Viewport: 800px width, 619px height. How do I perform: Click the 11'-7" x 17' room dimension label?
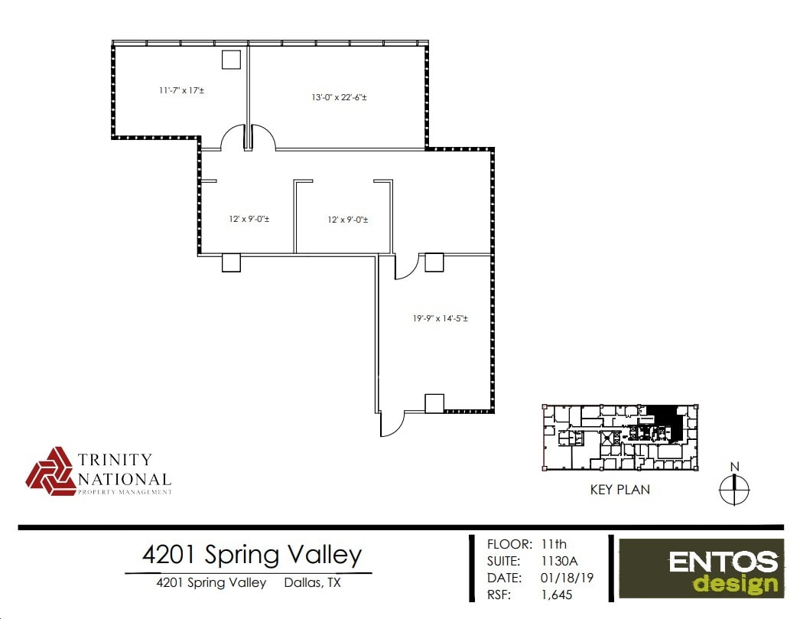[181, 90]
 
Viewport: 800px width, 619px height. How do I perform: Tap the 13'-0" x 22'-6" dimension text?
[339, 97]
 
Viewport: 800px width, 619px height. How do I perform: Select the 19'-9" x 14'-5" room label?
[440, 318]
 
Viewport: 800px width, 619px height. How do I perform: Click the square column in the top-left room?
[231, 60]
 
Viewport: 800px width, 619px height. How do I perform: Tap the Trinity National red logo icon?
[51, 471]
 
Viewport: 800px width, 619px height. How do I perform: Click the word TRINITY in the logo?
[115, 460]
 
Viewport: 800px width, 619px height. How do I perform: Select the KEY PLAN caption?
[620, 490]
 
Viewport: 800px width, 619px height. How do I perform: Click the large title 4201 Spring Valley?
[252, 554]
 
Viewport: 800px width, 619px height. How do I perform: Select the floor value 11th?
[554, 544]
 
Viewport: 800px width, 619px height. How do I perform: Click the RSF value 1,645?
[556, 595]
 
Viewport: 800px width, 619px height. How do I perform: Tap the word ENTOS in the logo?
[723, 562]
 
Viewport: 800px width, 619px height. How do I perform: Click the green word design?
[735, 584]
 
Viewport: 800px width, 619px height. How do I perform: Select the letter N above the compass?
[734, 467]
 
